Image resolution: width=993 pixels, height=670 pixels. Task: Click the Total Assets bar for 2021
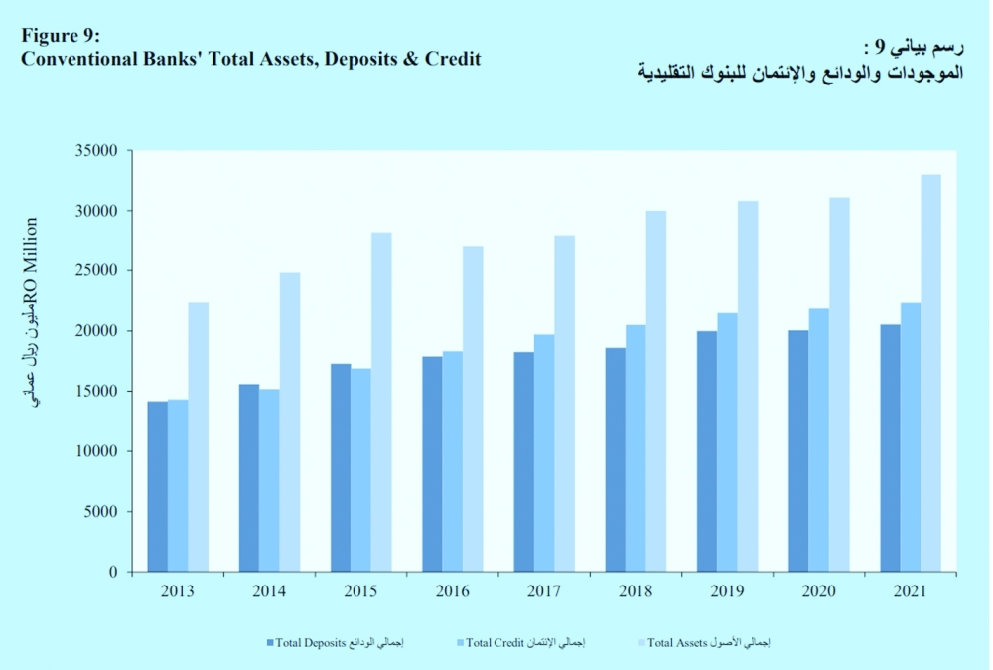tap(930, 373)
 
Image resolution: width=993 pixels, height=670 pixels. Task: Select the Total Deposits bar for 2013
tap(157, 486)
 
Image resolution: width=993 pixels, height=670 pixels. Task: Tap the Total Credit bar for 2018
tap(636, 448)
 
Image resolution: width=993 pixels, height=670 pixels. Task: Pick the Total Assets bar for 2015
tap(381, 402)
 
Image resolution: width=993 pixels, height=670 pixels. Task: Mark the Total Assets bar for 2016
tap(473, 409)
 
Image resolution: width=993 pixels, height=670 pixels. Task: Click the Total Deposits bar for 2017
tap(523, 461)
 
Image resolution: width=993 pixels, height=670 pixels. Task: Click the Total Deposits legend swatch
tap(270, 642)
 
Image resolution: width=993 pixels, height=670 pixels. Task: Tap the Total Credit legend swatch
tap(459, 642)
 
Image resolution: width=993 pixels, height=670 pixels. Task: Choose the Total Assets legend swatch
tap(640, 642)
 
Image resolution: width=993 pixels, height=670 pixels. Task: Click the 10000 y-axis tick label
tap(97, 451)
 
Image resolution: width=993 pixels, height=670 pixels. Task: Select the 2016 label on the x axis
tap(452, 591)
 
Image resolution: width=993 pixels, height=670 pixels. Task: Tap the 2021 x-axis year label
tap(909, 591)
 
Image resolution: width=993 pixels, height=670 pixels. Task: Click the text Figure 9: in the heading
tap(61, 37)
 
